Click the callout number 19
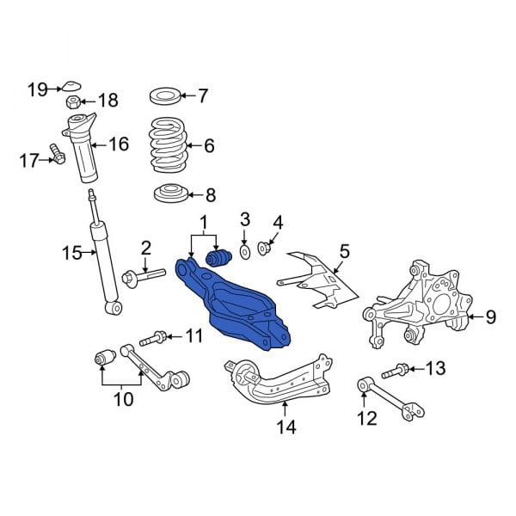[x=37, y=89]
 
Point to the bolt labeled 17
[x=58, y=156]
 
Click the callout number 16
[x=118, y=144]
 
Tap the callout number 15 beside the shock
[x=71, y=253]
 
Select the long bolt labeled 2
[x=143, y=276]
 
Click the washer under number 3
[x=244, y=250]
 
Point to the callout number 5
[x=344, y=251]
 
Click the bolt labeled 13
[x=399, y=372]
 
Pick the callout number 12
[x=367, y=419]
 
